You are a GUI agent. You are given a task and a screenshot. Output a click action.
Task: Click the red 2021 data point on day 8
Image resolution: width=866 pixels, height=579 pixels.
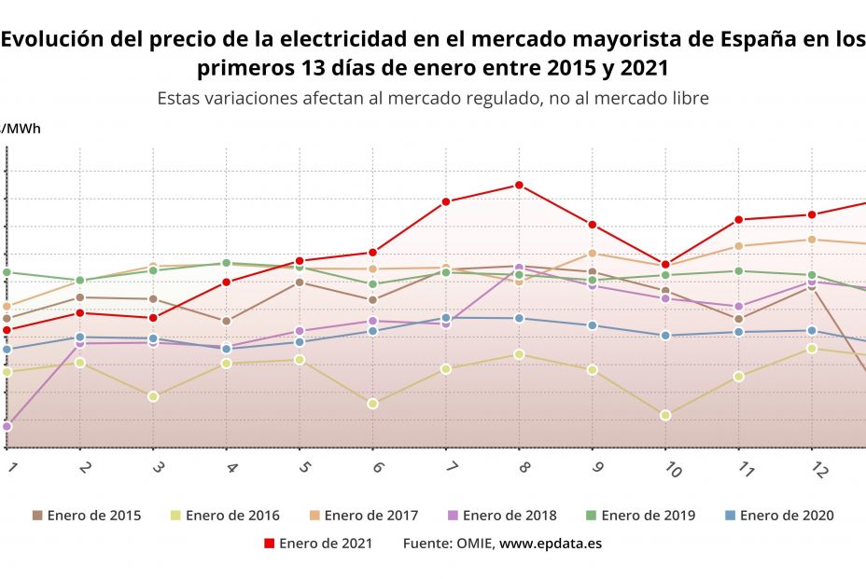coord(519,185)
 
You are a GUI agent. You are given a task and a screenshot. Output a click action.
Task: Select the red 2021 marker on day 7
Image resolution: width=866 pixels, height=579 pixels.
coord(446,201)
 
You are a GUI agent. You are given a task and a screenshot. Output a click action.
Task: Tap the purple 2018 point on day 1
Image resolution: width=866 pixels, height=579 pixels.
coord(7,426)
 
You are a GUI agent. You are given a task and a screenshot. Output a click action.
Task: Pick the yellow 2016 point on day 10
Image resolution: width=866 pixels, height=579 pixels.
coord(665,415)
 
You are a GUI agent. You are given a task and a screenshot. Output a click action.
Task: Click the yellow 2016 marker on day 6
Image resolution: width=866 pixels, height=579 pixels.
coord(372,404)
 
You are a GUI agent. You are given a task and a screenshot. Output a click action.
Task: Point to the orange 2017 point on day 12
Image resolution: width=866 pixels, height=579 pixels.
coord(812,240)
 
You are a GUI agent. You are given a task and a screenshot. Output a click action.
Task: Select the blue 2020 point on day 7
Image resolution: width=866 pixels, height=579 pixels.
coord(446,318)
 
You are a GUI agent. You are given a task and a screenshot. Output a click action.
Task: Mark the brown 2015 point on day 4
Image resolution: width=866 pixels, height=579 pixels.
coord(226,322)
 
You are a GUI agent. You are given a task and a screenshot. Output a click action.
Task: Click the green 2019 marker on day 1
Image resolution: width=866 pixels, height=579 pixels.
coord(7,272)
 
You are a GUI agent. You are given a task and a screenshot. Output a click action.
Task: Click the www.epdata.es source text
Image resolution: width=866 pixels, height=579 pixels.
coord(551,544)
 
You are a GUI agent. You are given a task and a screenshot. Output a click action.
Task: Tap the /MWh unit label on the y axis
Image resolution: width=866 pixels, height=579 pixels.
coord(21,128)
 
